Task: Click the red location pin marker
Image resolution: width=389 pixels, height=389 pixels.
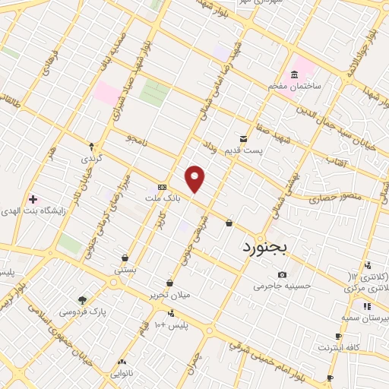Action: (195, 179)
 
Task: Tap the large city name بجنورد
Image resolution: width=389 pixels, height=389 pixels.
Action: (266, 248)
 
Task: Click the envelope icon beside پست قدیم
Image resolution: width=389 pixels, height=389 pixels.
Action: (243, 139)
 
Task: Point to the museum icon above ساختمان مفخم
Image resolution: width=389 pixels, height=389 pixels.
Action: (294, 75)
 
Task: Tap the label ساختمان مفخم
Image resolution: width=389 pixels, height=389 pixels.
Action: (295, 87)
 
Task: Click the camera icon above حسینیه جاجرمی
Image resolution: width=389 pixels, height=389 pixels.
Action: (283, 274)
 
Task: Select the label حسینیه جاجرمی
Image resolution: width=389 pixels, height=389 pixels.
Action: (283, 286)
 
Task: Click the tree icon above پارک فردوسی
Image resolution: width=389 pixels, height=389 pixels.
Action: (82, 299)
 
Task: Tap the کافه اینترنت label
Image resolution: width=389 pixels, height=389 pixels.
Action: (338, 347)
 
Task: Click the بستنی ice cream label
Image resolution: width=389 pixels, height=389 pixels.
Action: (125, 270)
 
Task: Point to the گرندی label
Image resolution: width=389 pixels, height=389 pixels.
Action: (91, 159)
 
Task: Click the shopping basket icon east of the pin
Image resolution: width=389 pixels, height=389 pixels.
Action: (229, 223)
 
